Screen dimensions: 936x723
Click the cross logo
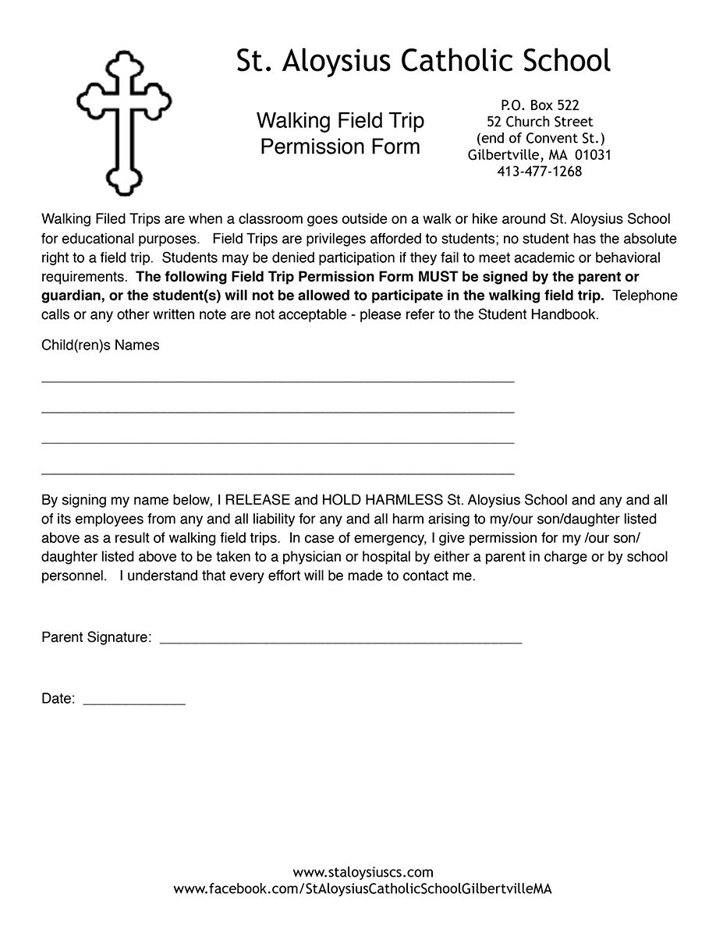coord(123,122)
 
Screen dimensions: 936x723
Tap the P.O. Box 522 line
coord(540,105)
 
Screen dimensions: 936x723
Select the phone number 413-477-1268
coord(540,172)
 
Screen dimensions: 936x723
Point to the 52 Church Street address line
coord(540,122)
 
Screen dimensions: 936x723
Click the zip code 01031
coord(594,155)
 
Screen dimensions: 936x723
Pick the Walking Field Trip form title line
coord(340,121)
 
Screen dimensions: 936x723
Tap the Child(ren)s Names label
coord(101,346)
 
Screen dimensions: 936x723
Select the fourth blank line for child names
coord(278,473)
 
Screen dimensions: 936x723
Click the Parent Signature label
coord(96,638)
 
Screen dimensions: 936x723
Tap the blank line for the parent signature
coord(340,642)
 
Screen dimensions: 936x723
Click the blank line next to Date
coord(134,703)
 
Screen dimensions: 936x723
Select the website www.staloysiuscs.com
coord(363,872)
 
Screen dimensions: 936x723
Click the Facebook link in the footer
coord(363,889)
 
